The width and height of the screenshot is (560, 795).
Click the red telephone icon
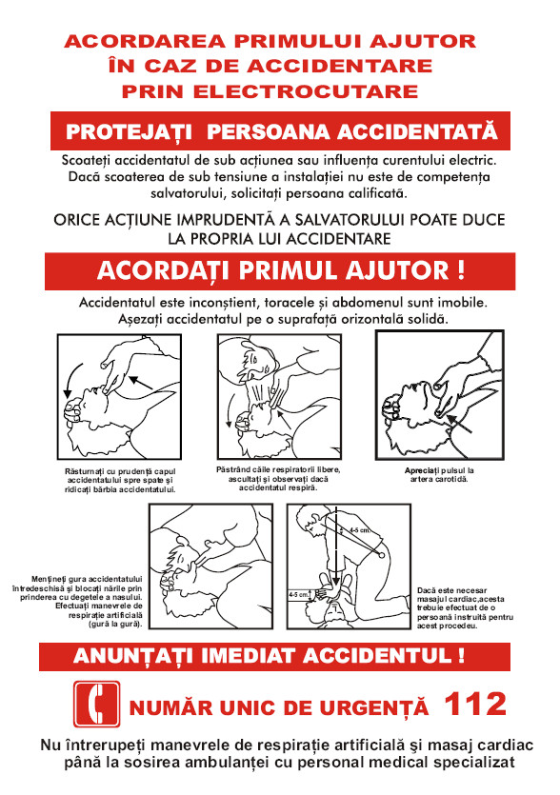tap(94, 706)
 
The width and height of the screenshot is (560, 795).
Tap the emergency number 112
tap(475, 706)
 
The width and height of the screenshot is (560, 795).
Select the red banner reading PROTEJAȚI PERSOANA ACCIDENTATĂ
tap(281, 129)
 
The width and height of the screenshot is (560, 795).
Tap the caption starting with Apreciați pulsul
tap(439, 475)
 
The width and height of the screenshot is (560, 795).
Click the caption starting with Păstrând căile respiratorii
tap(277, 478)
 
